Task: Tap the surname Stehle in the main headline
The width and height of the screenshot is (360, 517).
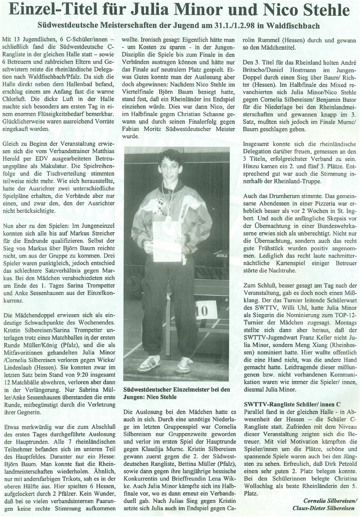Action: pyautogui.click(x=324, y=10)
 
